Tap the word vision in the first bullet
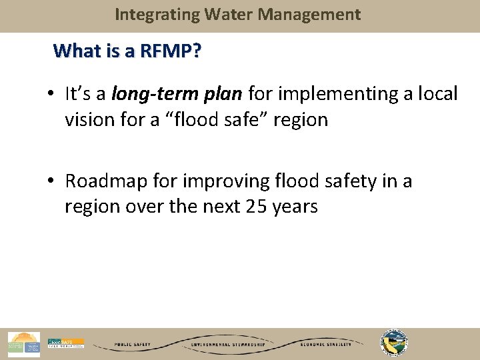tap(87, 120)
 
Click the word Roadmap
tap(105, 181)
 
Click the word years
tap(294, 207)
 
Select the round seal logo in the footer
tap(393, 343)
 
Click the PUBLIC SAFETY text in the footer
tap(133, 345)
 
